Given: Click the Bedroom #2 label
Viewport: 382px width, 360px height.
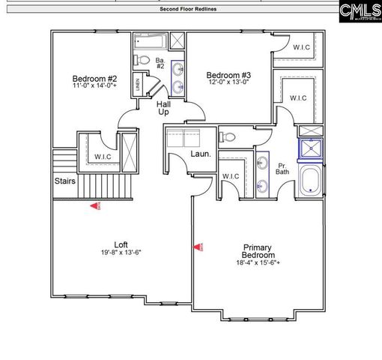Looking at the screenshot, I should click(x=94, y=78).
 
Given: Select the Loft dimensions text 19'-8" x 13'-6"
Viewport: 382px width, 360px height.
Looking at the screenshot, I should click(x=121, y=252).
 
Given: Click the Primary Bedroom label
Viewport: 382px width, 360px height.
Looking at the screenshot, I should click(x=256, y=251).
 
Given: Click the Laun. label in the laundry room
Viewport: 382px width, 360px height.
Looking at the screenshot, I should click(x=199, y=154).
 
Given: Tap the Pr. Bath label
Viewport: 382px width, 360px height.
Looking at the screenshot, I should click(x=283, y=169).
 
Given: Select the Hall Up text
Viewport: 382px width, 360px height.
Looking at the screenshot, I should click(x=163, y=108).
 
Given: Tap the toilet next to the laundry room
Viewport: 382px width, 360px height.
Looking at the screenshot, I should click(x=228, y=136).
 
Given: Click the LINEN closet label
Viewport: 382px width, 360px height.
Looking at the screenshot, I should click(x=139, y=85).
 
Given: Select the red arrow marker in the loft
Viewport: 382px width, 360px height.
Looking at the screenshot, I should click(x=94, y=205).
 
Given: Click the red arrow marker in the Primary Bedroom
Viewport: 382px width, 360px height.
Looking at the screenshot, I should click(x=198, y=245).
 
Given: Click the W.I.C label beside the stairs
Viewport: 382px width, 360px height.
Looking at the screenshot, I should click(x=103, y=157).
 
